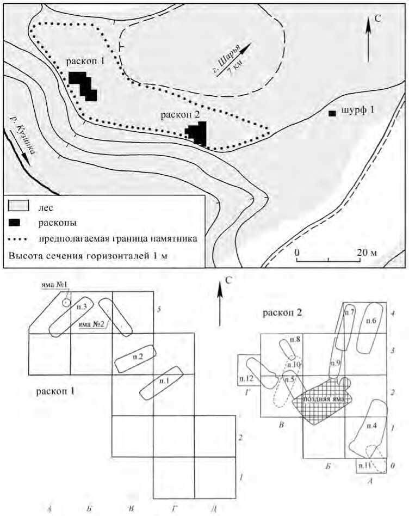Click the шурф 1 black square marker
(332, 113)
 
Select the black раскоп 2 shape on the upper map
(197, 133)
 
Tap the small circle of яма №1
(65, 302)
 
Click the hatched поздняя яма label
(323, 398)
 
